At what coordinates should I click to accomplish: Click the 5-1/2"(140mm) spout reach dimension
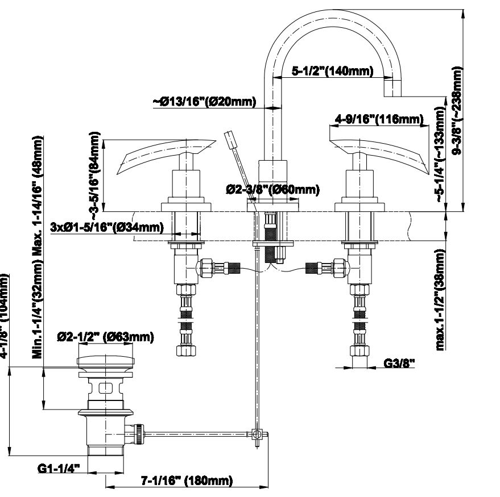(332, 72)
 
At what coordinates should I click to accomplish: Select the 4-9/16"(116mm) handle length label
(379, 119)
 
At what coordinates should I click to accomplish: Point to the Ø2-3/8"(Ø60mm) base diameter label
(272, 189)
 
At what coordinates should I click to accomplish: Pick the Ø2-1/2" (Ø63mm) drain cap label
(105, 337)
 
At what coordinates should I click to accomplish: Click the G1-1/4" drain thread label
(59, 469)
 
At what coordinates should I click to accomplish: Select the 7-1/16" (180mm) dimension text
(186, 481)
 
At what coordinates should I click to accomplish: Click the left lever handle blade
(165, 154)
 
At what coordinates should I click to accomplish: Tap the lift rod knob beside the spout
(230, 138)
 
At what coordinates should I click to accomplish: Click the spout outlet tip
(392, 87)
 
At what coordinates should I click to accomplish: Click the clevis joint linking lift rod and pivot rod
(258, 435)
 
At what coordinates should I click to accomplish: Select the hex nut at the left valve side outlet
(208, 267)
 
